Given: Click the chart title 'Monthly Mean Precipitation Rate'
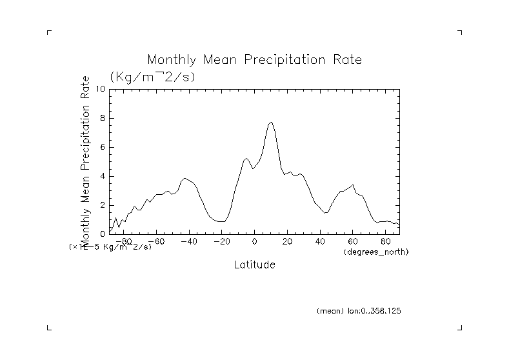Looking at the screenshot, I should [x=254, y=60].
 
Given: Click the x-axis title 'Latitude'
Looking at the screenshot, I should [x=254, y=265].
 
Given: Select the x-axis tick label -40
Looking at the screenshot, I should [x=188, y=241].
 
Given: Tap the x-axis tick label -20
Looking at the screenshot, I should [x=221, y=241].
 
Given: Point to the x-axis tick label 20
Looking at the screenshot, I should [x=288, y=241].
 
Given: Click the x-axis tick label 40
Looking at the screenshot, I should [x=321, y=241].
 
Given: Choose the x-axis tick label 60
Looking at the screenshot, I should [x=354, y=241].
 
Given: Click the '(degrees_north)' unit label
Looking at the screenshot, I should [x=376, y=251].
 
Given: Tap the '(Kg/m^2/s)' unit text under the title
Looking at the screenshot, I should [x=152, y=76].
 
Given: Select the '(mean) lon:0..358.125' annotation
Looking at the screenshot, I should [x=359, y=310].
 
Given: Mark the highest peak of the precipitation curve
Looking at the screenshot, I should [x=272, y=122].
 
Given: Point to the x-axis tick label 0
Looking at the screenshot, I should [x=255, y=241].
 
